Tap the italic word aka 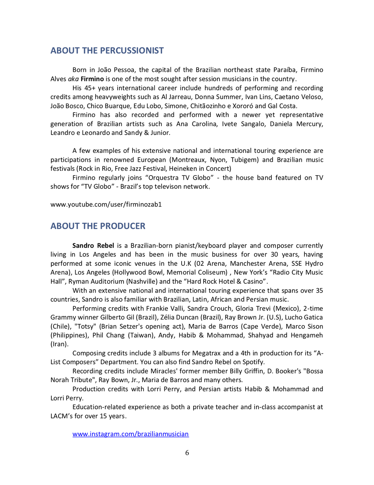point(73,79)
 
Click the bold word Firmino point(92,79)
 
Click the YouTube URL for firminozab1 point(106,205)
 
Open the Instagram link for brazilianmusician point(130,434)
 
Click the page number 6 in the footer point(187,453)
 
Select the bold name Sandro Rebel point(93,246)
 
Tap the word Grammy point(63,318)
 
